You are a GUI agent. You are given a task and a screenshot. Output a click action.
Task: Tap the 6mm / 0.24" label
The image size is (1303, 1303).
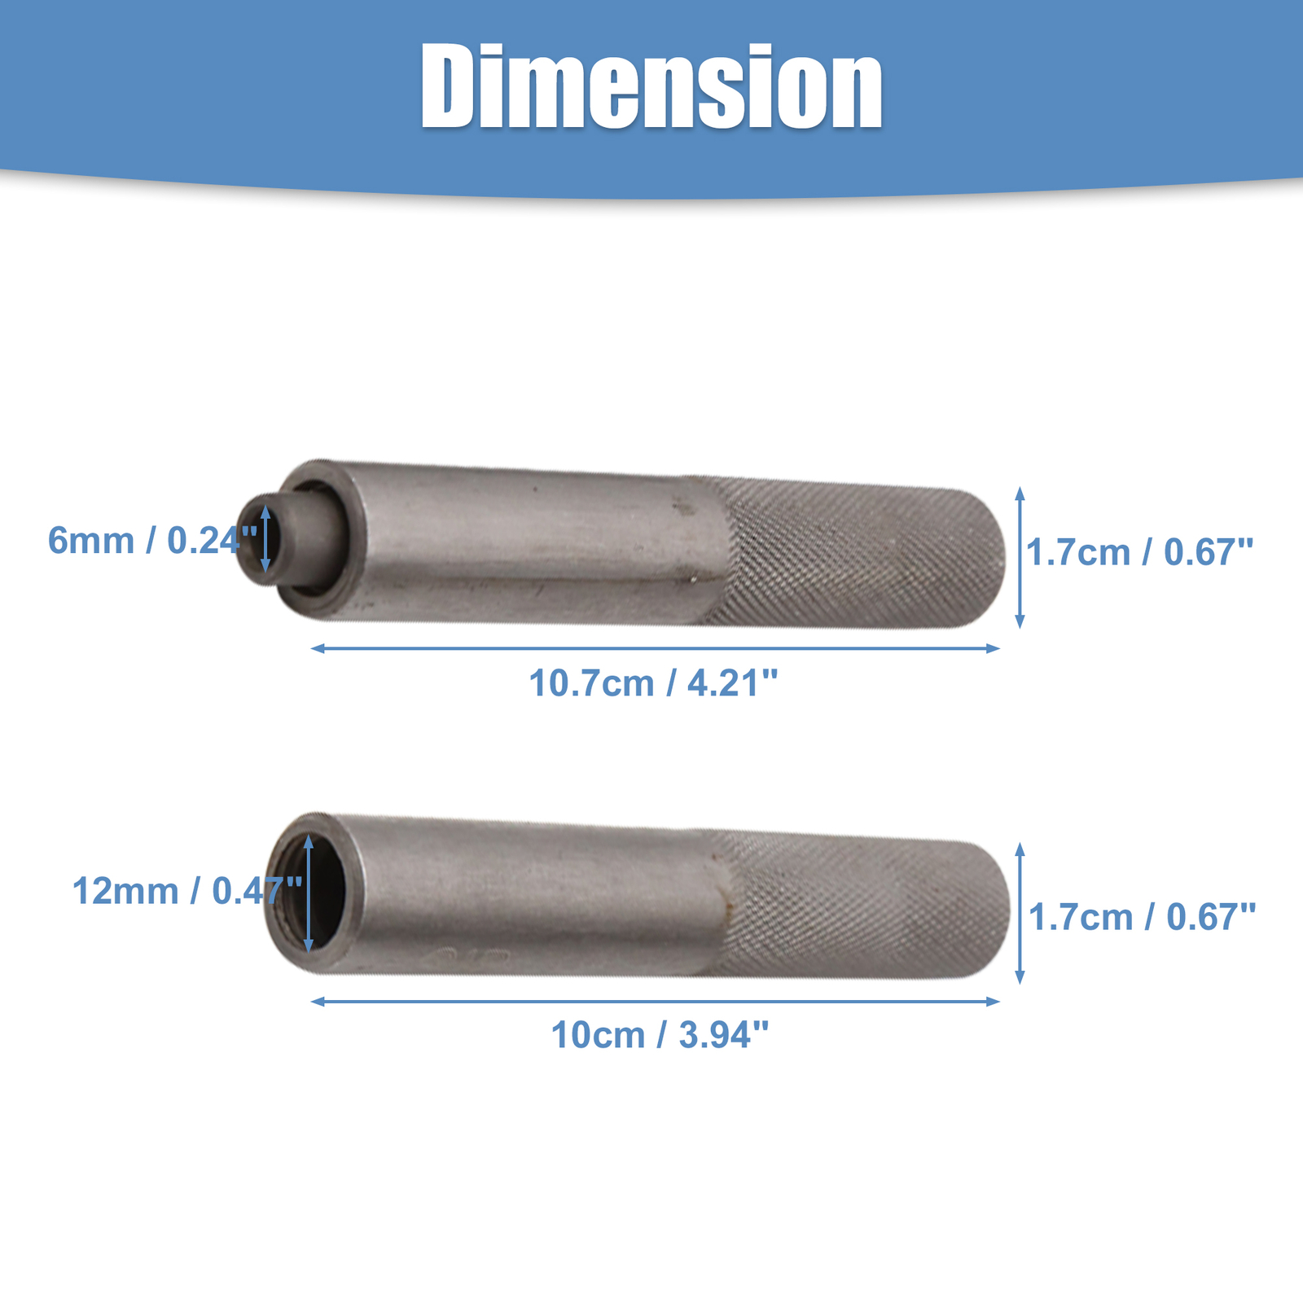coord(153,541)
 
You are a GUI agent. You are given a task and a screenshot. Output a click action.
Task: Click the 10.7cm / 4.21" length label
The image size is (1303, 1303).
coord(654,682)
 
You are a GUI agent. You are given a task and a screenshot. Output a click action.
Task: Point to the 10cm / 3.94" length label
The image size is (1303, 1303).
coord(660,1035)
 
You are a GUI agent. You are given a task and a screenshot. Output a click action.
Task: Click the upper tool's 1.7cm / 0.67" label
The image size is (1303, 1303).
coord(1140,553)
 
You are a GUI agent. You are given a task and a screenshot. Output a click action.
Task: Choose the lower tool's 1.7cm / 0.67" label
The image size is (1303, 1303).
coord(1143,918)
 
